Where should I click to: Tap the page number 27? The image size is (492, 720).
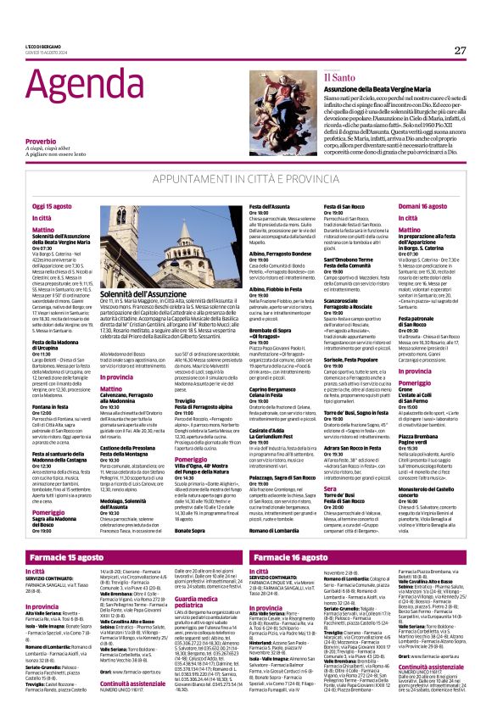point(460,50)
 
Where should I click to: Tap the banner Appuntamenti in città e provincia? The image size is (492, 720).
point(246,181)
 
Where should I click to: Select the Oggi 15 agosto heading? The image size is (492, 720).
point(53,206)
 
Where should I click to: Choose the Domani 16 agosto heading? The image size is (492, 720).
point(422,206)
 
